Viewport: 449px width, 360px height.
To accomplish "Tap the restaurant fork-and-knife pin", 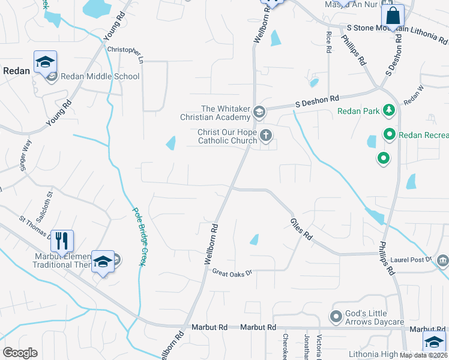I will click(x=62, y=241).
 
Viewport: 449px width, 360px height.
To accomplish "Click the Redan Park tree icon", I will click(x=389, y=110).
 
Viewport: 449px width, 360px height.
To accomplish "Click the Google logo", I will click(x=20, y=353).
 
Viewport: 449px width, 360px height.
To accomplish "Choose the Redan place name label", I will click(x=17, y=70).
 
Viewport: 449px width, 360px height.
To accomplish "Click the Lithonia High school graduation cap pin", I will click(x=433, y=343).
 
